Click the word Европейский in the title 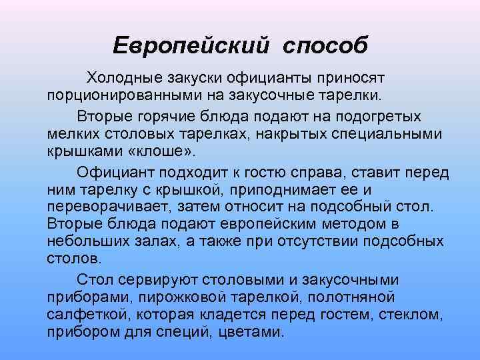click(192, 45)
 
